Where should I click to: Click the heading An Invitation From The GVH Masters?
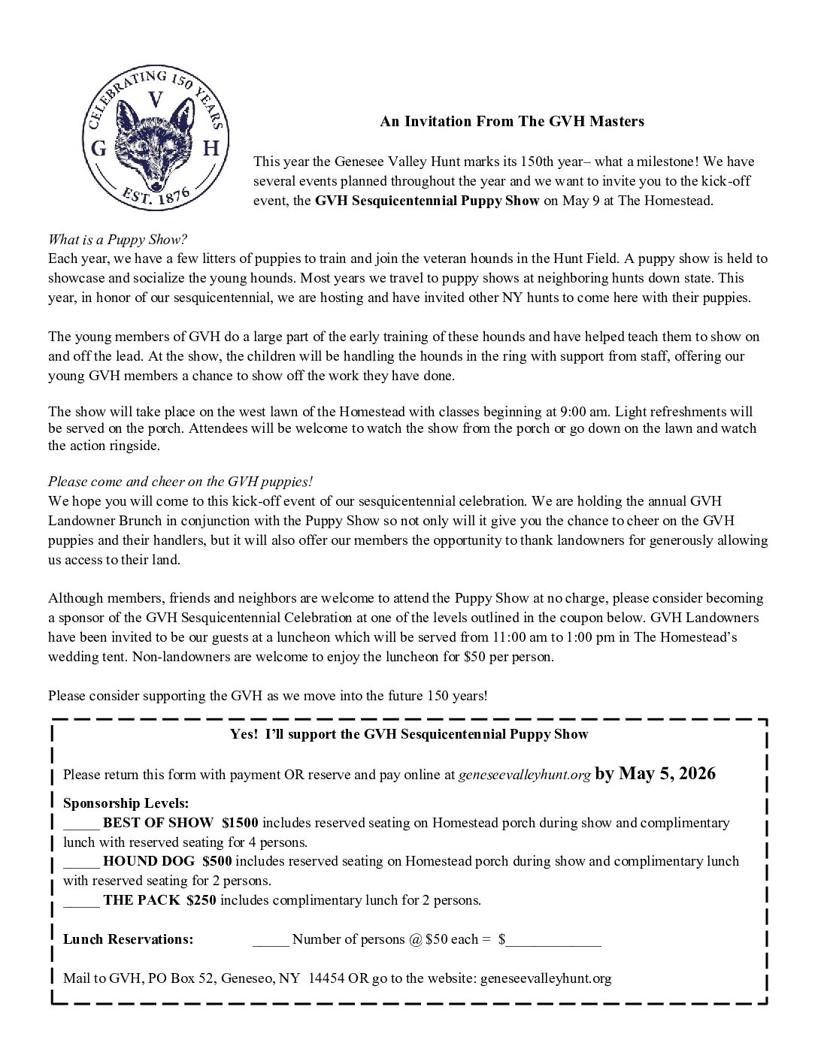512,121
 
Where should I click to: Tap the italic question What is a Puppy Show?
118,240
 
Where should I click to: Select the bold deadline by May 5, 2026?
655,774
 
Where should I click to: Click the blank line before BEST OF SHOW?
81,823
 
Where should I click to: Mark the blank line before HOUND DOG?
81,861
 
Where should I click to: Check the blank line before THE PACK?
81,900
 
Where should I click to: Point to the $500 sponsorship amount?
217,861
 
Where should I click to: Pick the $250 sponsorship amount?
201,900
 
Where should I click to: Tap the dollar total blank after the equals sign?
553,939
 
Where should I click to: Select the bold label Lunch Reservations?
129,939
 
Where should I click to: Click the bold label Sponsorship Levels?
126,803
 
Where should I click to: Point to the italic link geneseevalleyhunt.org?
524,775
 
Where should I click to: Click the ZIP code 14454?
326,978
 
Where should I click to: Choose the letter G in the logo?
98,150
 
